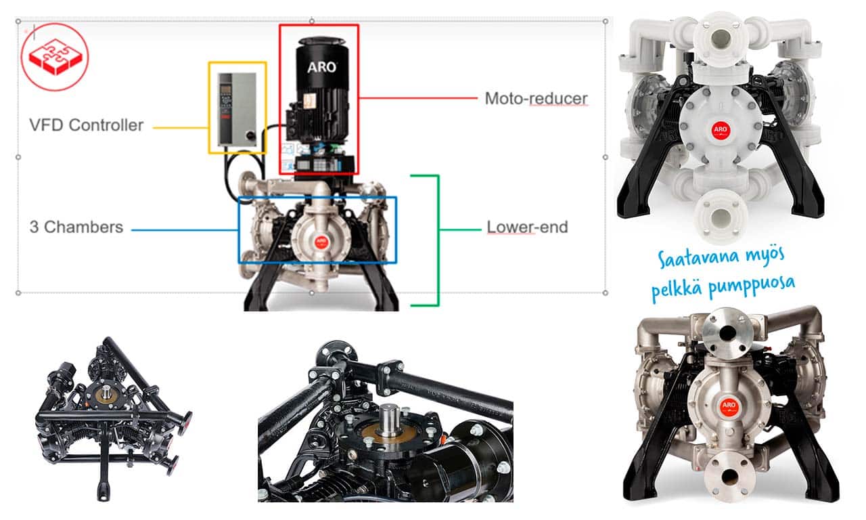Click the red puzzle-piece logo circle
[x=55, y=57]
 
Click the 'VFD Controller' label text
[x=86, y=125]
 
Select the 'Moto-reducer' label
[x=537, y=98]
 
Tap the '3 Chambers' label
[x=76, y=227]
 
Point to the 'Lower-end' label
[x=527, y=227]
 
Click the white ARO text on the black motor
[x=321, y=67]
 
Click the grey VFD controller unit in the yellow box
[x=237, y=110]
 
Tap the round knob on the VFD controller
[x=251, y=135]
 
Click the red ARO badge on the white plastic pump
[x=721, y=129]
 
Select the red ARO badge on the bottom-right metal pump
[x=729, y=406]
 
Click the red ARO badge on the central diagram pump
[x=321, y=242]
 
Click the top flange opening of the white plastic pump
[x=721, y=39]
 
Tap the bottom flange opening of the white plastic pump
[x=720, y=218]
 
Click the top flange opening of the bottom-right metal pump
[x=729, y=332]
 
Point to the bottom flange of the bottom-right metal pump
[x=729, y=476]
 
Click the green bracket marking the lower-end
[x=438, y=240]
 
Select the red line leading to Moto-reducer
[x=418, y=98]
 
